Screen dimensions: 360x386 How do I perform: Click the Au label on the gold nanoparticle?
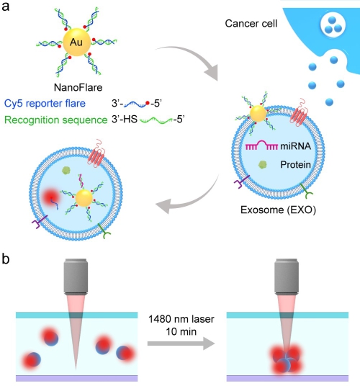point(76,42)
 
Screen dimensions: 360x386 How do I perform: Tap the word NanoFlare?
point(78,87)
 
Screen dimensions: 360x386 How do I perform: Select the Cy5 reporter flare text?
point(45,104)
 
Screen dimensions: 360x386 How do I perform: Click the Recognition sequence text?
point(56,120)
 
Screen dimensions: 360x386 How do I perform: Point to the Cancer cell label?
point(251,24)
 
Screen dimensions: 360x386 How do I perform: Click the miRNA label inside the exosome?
point(295,146)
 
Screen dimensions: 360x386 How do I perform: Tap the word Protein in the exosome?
point(295,164)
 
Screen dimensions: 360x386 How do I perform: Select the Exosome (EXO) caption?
point(278,210)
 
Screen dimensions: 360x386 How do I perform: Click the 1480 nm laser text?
point(181,319)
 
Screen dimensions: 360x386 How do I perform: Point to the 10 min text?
point(181,331)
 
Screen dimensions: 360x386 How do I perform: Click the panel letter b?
point(6,259)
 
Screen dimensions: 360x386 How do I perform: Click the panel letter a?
point(6,6)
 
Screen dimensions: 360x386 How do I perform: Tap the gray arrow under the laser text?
point(181,344)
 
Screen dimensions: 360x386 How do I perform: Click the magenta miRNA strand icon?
point(261,145)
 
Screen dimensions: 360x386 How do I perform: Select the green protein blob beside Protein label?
point(263,164)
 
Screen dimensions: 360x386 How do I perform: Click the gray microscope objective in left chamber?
point(76,277)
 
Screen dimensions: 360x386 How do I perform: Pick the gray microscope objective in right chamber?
point(287,277)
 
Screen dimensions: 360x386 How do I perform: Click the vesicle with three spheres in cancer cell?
point(333,25)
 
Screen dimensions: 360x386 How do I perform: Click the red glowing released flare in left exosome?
point(50,197)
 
